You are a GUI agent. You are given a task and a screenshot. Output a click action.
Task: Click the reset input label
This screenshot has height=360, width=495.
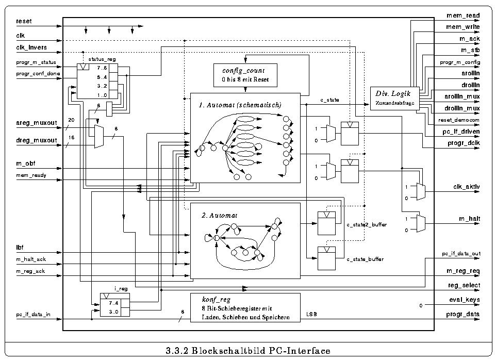(24, 21)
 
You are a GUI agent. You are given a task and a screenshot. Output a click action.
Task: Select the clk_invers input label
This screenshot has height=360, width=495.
(32, 48)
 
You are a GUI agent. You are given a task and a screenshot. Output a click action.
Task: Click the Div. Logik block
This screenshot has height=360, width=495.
(394, 97)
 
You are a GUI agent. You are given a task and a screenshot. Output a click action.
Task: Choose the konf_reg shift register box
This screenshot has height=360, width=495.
(245, 308)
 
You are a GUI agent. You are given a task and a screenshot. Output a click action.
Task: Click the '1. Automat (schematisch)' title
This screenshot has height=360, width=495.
(240, 105)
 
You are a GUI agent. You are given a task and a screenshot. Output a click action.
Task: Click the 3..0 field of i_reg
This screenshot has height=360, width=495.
(114, 311)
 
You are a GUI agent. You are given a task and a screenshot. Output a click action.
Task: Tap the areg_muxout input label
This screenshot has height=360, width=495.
(36, 124)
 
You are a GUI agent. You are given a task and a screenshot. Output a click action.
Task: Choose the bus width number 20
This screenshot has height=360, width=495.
(71, 120)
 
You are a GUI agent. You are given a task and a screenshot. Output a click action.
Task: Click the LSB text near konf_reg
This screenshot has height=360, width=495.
(311, 314)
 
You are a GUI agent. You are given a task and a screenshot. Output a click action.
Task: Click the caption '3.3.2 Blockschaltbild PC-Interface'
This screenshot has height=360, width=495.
(247, 351)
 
